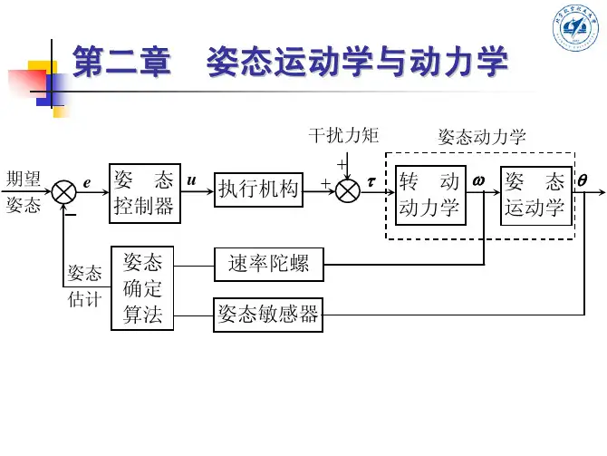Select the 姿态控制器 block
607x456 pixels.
143,192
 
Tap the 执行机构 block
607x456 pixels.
258,189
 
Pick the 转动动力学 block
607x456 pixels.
429,194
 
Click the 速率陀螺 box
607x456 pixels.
268,264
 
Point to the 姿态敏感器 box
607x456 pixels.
268,315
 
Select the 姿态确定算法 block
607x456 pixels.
142,288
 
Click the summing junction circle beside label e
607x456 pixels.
64,191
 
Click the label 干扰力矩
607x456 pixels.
343,136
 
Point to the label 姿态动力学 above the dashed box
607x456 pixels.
482,137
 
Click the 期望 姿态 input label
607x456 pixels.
24,191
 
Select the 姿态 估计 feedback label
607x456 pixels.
85,286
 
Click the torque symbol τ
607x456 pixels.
371,181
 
